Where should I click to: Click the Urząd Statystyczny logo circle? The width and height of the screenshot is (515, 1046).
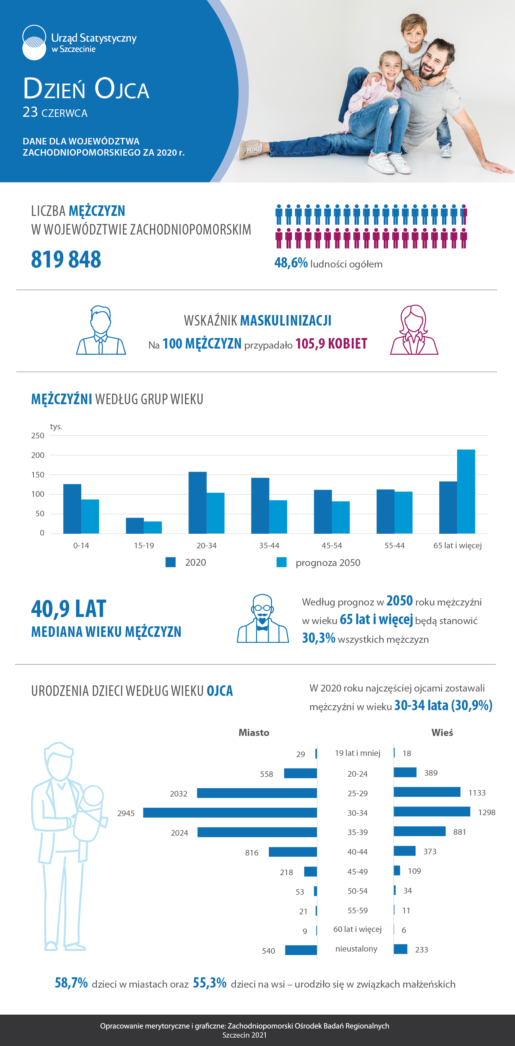click(34, 43)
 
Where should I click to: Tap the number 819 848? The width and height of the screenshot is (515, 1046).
click(66, 259)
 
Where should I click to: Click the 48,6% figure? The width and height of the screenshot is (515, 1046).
click(291, 263)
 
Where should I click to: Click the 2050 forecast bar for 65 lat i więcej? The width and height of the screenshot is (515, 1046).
click(466, 491)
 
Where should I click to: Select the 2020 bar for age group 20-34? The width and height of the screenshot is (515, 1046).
click(198, 503)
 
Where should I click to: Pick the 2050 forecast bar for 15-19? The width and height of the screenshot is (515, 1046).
click(153, 528)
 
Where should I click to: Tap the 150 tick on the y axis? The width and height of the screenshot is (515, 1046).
click(38, 475)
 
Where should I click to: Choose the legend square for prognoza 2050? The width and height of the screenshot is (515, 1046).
click(281, 562)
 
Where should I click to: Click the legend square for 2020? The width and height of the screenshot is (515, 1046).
click(170, 562)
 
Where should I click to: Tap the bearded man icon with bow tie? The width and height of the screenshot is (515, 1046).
click(263, 619)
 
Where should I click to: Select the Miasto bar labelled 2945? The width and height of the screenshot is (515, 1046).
click(230, 812)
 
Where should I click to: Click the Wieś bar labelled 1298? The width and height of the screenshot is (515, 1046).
click(432, 812)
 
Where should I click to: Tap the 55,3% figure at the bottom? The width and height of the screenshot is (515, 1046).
click(210, 983)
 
